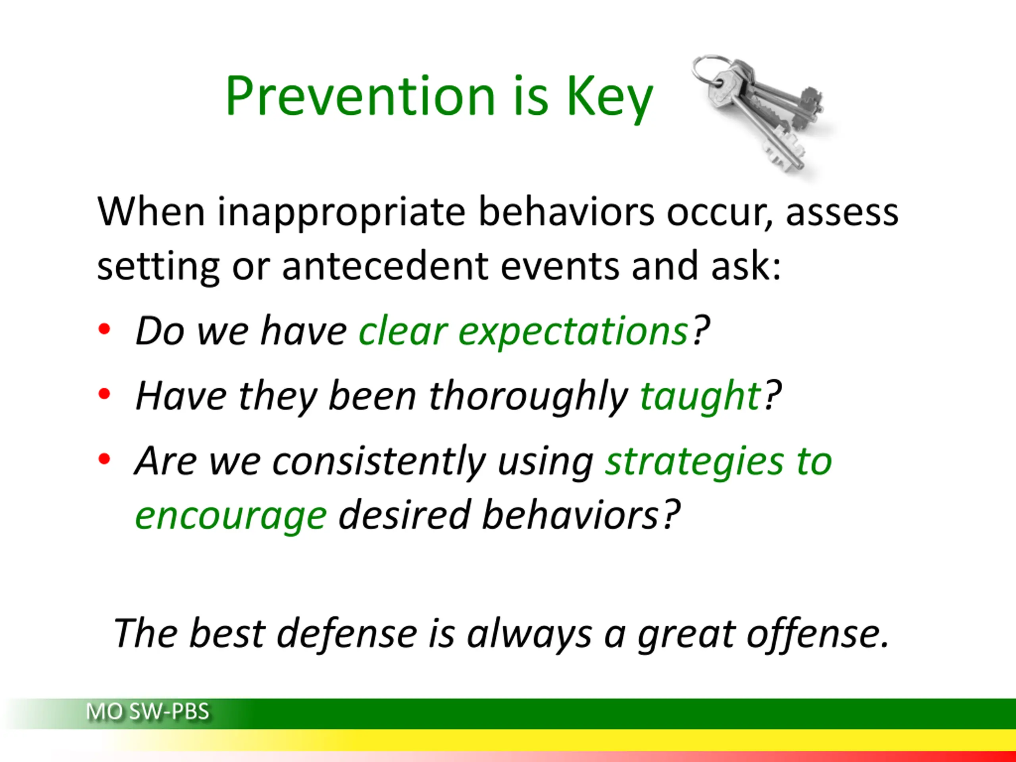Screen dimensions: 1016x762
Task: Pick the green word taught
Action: pos(701,397)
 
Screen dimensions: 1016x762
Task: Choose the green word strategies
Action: pos(694,462)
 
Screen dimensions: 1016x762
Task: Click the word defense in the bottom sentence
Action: pos(347,633)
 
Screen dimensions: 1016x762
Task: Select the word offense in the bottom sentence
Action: pos(818,633)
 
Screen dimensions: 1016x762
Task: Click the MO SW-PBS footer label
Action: pos(148,712)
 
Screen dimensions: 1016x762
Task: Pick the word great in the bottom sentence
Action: pos(686,636)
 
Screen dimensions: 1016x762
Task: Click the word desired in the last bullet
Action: pos(404,516)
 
